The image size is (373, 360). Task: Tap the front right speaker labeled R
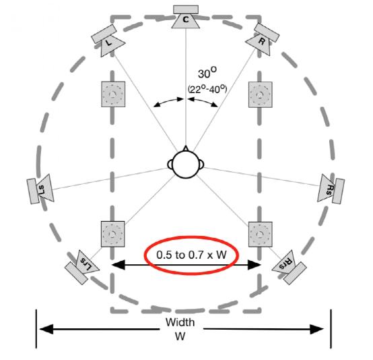point(263,39)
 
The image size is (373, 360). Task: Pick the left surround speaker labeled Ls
point(40,189)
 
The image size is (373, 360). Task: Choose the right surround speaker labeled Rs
point(331,189)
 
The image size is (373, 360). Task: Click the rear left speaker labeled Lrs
point(82,266)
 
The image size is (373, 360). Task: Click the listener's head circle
point(186,164)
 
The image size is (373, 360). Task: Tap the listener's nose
point(186,148)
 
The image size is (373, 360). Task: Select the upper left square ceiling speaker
point(113,94)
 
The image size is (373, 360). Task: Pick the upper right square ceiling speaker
point(261,94)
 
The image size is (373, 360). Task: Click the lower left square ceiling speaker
point(113,234)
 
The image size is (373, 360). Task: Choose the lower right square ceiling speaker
point(261,234)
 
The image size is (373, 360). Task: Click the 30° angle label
point(207,73)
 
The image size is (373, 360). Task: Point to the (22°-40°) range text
point(207,89)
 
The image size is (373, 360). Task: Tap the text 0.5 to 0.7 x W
point(191,255)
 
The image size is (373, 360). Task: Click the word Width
point(180,322)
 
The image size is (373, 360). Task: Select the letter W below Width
point(180,336)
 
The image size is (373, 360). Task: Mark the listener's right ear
point(202,164)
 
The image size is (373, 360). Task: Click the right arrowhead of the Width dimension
point(317,329)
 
